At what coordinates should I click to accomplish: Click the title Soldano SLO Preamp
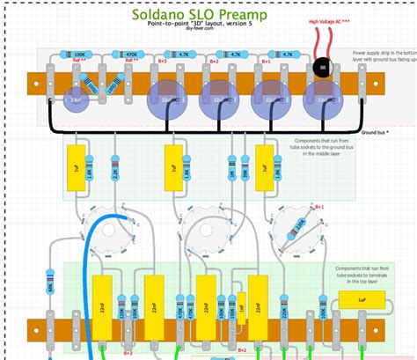pyautogui.click(x=208, y=16)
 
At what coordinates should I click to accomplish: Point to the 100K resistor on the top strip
pyautogui.click(x=79, y=55)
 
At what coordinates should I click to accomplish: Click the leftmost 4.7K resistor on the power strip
pyautogui.click(x=183, y=55)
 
